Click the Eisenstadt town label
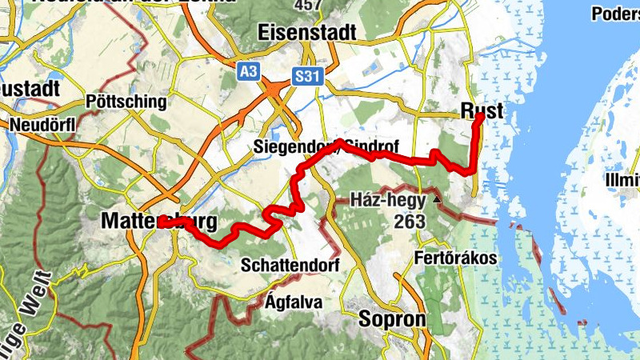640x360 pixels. point(307,31)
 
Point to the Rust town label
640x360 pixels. point(482,111)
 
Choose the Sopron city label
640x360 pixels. point(392,318)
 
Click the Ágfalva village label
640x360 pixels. point(293,302)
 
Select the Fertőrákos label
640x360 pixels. point(456,258)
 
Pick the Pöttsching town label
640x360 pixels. point(126,102)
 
